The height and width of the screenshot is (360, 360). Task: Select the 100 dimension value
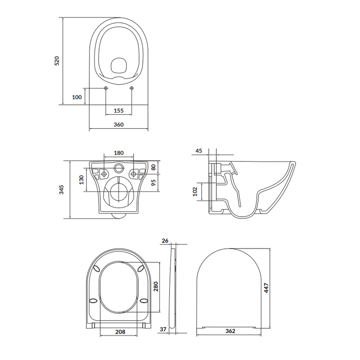click(77, 97)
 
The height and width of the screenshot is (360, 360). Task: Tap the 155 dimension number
click(118, 111)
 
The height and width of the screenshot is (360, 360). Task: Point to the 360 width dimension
click(118, 125)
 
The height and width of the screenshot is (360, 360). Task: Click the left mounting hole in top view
click(106, 88)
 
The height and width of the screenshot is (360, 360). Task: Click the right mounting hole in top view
click(132, 88)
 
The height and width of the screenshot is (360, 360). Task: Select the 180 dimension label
click(118, 153)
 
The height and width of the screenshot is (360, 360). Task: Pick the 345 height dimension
click(62, 189)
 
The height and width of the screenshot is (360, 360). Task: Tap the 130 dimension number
click(81, 180)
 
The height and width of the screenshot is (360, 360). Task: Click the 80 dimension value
click(153, 167)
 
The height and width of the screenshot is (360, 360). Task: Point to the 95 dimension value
click(153, 183)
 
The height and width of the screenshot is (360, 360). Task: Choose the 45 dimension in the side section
click(199, 151)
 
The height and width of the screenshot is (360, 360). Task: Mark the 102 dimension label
click(195, 191)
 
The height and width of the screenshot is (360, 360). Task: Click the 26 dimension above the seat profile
click(165, 240)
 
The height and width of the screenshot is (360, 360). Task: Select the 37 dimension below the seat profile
click(163, 329)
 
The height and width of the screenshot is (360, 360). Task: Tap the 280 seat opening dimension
click(156, 286)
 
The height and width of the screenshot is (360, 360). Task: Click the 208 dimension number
click(121, 332)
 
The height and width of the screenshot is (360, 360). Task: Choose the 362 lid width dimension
click(230, 331)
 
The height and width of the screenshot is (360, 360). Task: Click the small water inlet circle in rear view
click(118, 168)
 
